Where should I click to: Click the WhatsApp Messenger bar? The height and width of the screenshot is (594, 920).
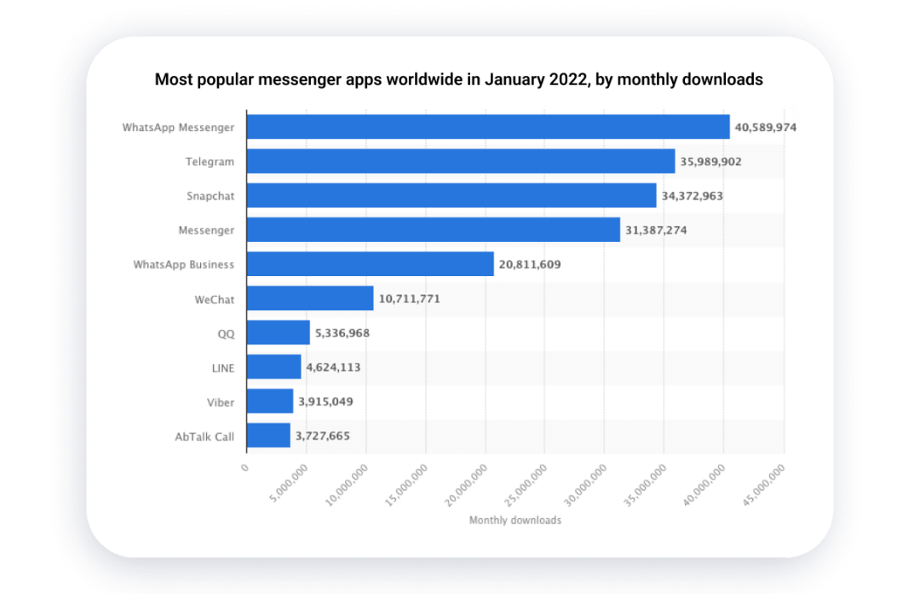point(487,127)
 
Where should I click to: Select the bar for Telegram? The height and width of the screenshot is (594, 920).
point(460,161)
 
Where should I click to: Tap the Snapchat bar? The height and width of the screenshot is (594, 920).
point(451,195)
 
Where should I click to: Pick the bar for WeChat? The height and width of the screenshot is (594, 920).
point(310,298)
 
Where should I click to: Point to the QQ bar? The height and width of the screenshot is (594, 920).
point(278,332)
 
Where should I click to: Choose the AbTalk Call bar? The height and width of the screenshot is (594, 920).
point(268,435)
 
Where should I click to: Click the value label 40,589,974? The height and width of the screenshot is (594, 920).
point(765,127)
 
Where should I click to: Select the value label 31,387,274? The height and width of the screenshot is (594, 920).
point(656,230)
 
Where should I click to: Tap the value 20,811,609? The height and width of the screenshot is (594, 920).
point(530,264)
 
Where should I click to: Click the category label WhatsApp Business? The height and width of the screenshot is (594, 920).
point(183,264)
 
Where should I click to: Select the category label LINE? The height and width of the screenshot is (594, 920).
point(222,367)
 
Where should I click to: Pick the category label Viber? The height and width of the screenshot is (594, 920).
point(221,401)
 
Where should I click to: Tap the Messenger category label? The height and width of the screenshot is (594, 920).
point(205,230)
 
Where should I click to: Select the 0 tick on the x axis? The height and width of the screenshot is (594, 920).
point(244,467)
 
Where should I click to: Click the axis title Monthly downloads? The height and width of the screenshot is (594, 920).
point(515,520)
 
